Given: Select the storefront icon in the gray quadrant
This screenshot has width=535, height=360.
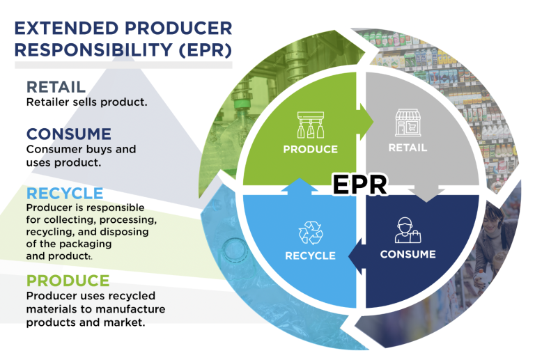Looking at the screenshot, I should (408, 123).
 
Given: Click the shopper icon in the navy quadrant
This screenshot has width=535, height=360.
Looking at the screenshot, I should (408, 230).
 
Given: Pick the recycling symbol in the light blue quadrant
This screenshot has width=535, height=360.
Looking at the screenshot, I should (310, 233).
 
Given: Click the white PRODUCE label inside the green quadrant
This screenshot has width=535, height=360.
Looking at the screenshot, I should (310, 149).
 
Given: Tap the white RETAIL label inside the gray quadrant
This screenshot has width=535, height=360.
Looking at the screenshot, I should (408, 148).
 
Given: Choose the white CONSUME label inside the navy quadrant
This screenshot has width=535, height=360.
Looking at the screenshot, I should (408, 254).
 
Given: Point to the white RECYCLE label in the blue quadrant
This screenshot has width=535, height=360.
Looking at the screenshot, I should (310, 256).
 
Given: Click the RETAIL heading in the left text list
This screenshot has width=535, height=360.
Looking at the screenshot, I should (56, 87).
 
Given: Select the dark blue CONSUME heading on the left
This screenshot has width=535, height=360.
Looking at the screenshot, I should (68, 134).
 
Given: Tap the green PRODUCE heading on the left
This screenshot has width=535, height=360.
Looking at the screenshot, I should (68, 281).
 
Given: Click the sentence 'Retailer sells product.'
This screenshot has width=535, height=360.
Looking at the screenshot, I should (86, 102).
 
